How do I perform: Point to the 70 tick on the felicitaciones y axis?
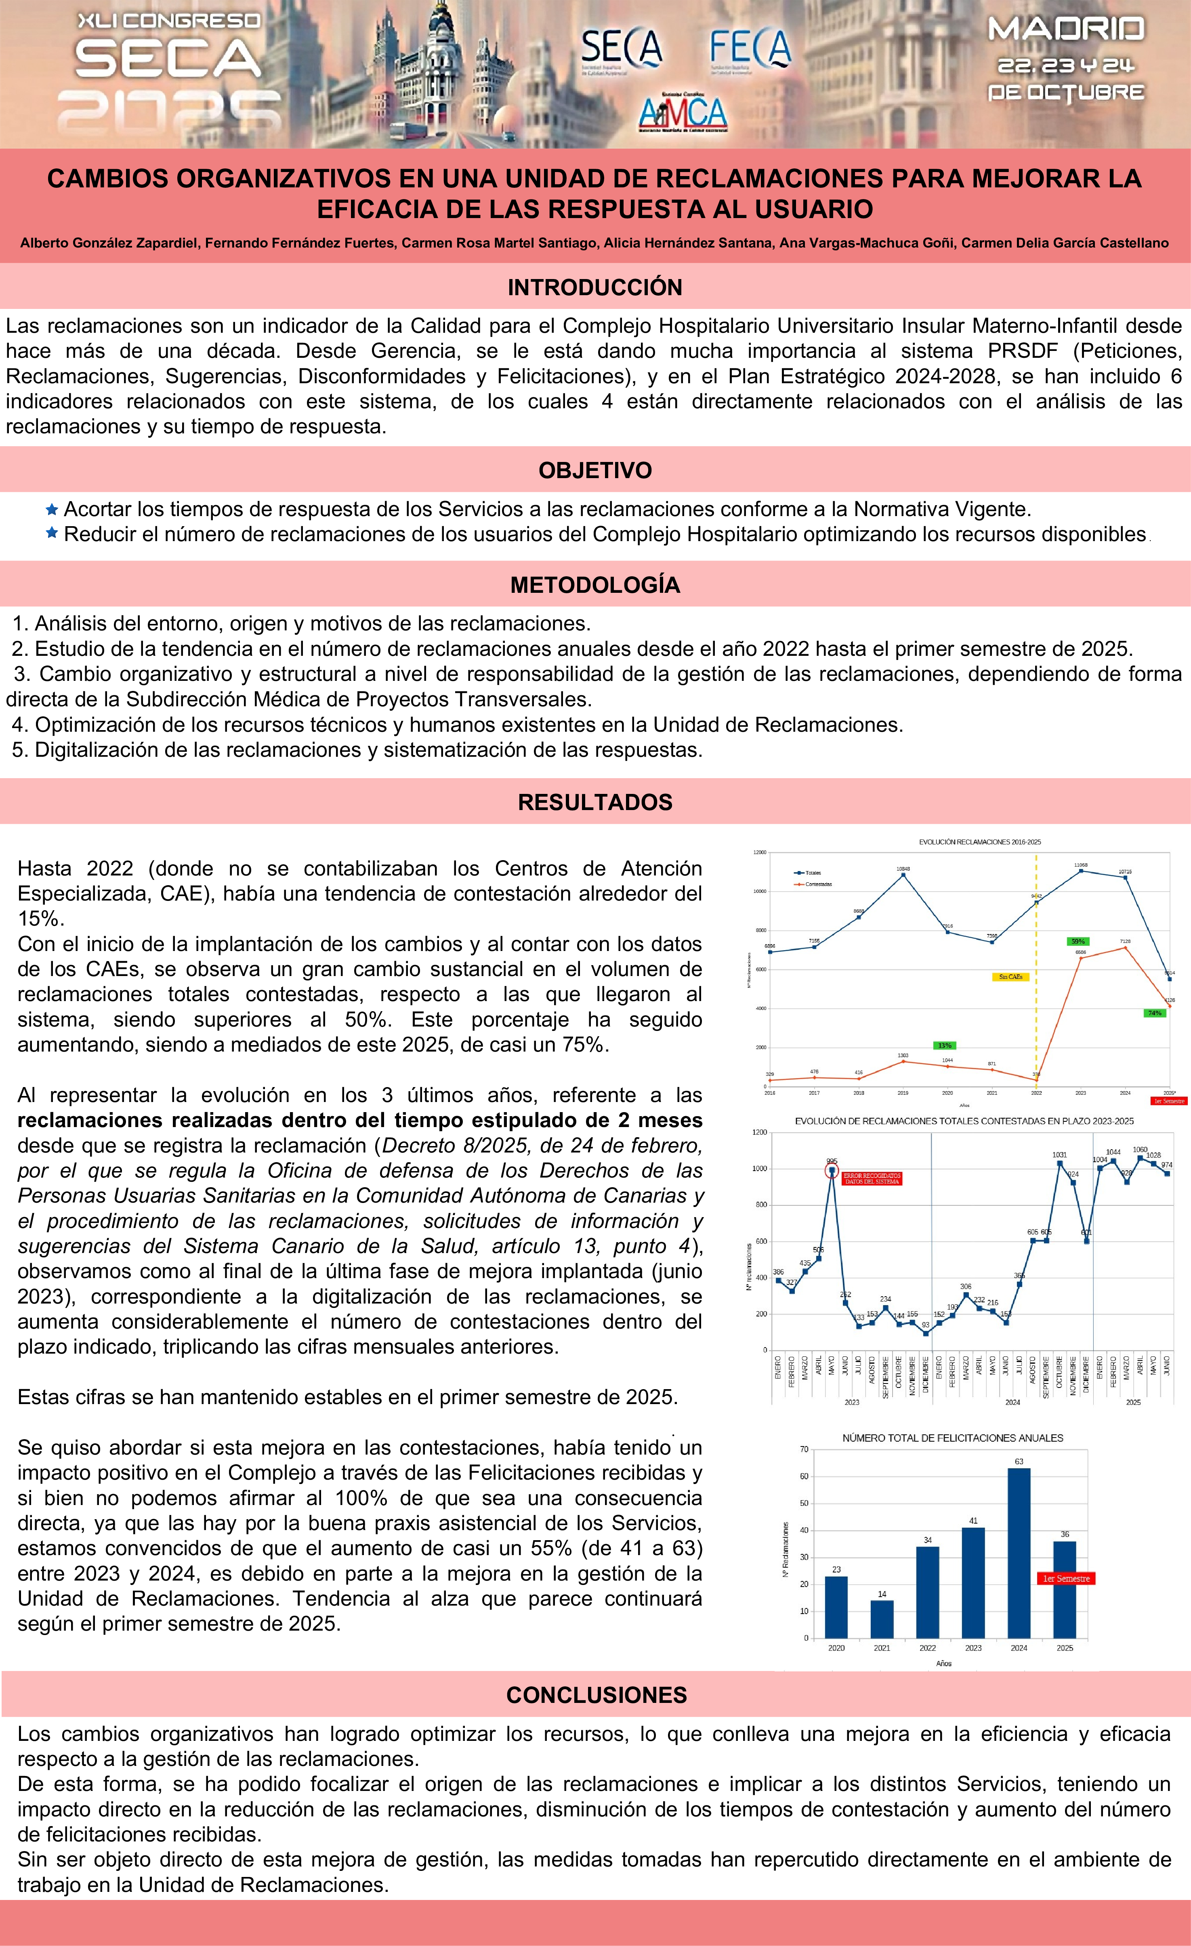(x=804, y=1449)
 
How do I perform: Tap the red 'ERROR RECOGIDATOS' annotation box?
(x=872, y=1178)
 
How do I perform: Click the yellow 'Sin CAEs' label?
(x=1010, y=977)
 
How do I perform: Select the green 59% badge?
(x=1077, y=941)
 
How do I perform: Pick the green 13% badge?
(x=945, y=1045)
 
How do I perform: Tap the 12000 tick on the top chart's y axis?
(x=759, y=852)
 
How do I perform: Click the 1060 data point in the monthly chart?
(x=1140, y=1158)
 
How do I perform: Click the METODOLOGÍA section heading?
(x=595, y=584)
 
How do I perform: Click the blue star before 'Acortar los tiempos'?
(x=52, y=509)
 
